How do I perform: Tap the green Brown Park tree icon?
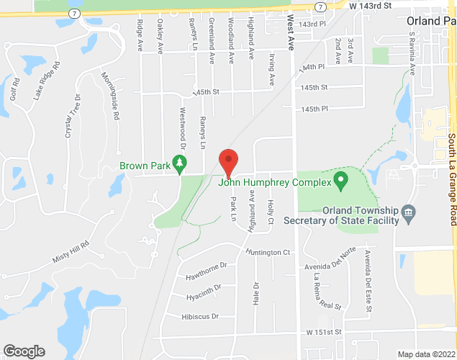178,167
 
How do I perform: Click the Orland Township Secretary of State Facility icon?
409,212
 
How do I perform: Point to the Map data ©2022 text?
427,354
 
